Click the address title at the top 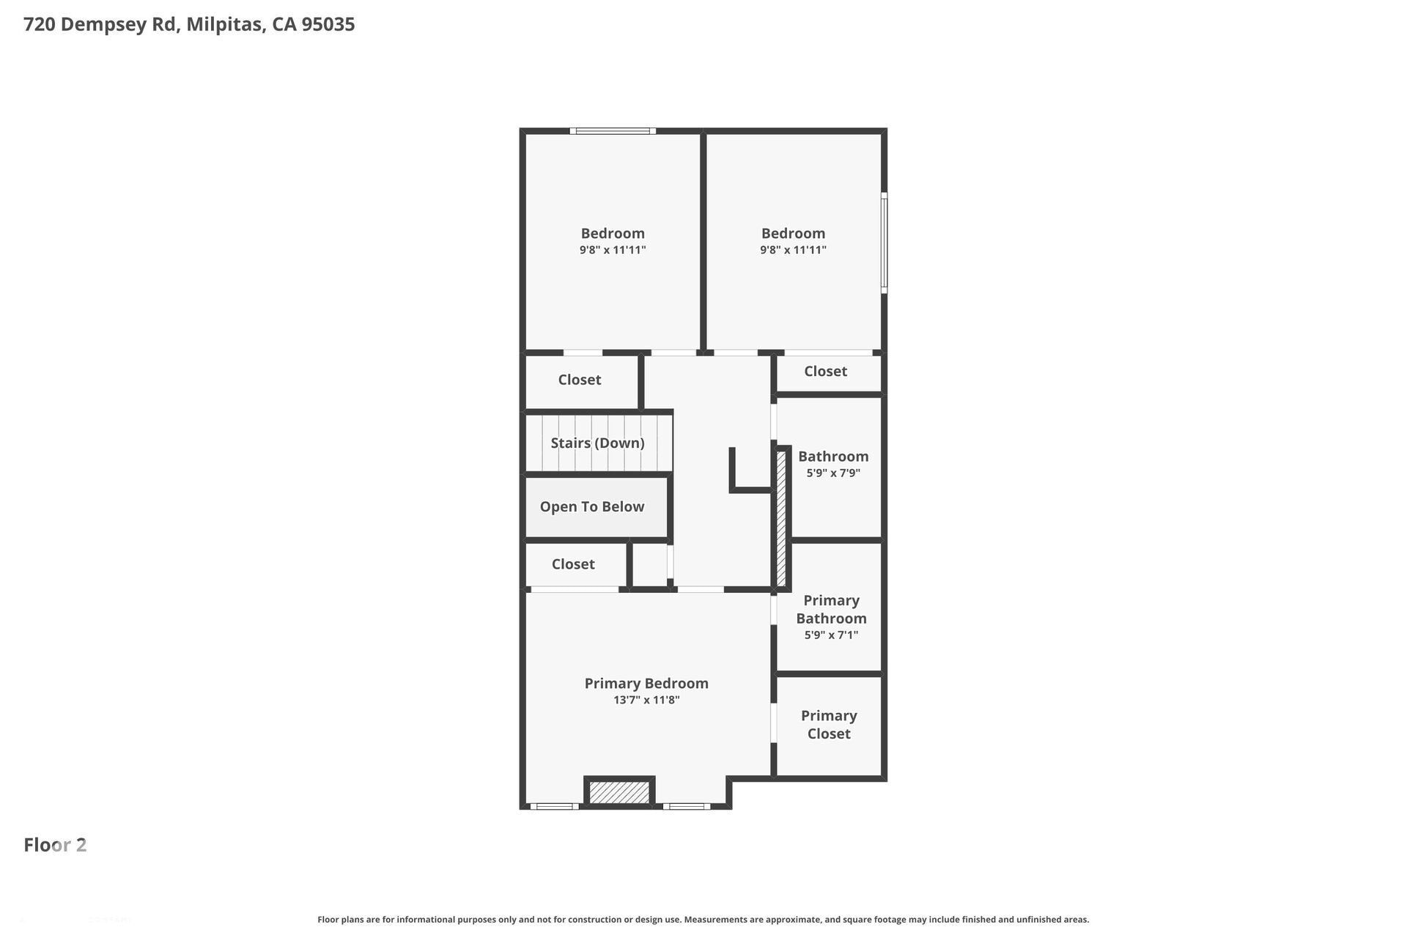189,24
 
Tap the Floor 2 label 55,845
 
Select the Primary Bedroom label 646,683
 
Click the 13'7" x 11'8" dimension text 646,700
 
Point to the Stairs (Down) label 597,443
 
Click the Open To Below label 592,506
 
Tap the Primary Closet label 829,724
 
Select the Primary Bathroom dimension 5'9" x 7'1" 831,635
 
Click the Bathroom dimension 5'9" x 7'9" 833,473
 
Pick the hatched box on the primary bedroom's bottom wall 619,792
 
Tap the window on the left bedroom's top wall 613,131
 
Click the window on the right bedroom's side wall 884,243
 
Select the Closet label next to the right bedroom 825,372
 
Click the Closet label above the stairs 579,380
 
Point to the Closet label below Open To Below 573,564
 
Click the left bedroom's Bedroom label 613,233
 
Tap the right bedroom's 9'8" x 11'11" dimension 793,250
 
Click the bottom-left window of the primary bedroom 554,806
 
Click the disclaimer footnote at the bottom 703,919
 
